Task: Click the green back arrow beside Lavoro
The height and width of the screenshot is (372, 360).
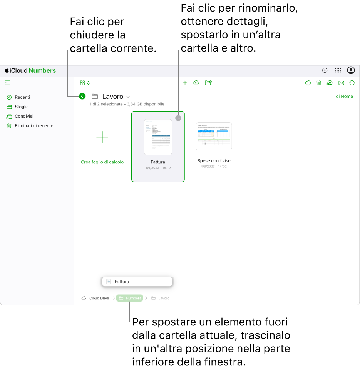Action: tap(82, 97)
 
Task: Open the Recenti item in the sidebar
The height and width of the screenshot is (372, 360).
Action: tap(22, 97)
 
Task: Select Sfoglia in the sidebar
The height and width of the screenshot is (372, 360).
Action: tap(22, 107)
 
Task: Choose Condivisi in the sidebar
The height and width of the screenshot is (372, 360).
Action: tap(24, 116)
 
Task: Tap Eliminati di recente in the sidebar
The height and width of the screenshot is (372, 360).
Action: tap(34, 126)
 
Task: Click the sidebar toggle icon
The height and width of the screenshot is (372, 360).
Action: tap(8, 83)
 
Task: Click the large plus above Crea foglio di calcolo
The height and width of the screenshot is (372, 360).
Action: tap(102, 137)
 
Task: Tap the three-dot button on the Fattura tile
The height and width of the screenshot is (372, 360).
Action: tap(178, 118)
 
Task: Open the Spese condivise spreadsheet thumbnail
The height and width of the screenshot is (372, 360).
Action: tap(214, 137)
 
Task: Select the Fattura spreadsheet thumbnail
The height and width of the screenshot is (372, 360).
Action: tap(158, 137)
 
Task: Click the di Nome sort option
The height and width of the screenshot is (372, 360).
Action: tap(344, 97)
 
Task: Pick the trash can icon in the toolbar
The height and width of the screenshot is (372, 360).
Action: tap(319, 83)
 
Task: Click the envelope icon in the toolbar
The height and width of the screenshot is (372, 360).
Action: tap(341, 83)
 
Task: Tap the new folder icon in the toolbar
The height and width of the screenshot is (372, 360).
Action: tap(208, 83)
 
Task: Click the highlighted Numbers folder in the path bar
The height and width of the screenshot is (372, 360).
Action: tap(130, 298)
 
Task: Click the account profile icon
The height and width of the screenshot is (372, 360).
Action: tap(351, 70)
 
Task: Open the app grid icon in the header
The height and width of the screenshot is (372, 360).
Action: tap(338, 70)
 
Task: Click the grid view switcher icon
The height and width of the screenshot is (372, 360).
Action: tap(85, 83)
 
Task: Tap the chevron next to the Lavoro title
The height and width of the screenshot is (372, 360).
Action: tap(128, 97)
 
